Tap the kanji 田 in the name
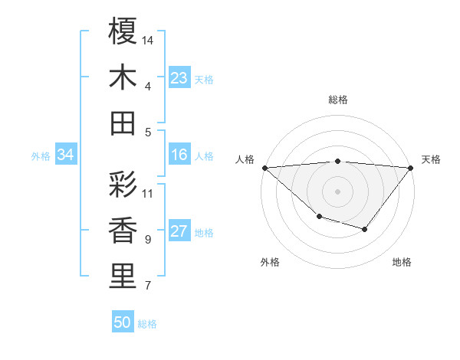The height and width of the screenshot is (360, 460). pyautogui.click(x=123, y=123)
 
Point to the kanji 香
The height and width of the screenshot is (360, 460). pyautogui.click(x=123, y=231)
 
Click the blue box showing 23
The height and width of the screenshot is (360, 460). pyautogui.click(x=179, y=78)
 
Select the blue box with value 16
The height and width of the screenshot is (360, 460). pyautogui.click(x=179, y=155)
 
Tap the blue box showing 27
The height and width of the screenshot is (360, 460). pyautogui.click(x=179, y=232)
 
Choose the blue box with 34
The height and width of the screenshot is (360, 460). pyautogui.click(x=65, y=155)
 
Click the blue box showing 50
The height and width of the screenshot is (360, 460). pyautogui.click(x=123, y=322)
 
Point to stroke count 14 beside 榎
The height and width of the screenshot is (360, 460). pyautogui.click(x=148, y=39)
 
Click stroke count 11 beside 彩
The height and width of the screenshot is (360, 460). pyautogui.click(x=148, y=193)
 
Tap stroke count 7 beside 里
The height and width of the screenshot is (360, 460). pyautogui.click(x=148, y=286)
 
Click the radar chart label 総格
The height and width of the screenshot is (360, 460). pyautogui.click(x=338, y=100)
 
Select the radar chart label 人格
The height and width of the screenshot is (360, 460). pyautogui.click(x=245, y=159)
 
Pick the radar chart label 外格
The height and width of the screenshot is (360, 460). pyautogui.click(x=270, y=262)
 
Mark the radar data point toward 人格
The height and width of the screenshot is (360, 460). pyautogui.click(x=264, y=168)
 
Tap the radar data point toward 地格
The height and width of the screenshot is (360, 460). pyautogui.click(x=365, y=229)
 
